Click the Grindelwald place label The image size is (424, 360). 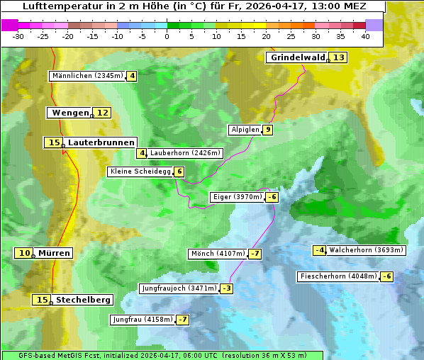click(297, 57)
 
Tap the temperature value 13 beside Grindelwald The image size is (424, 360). click(339, 57)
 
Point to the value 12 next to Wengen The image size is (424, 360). click(103, 113)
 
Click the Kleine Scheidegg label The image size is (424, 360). click(140, 171)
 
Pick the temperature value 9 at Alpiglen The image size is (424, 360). click(267, 130)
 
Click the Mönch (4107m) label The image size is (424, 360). click(218, 254)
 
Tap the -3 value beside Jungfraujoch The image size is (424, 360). click(226, 288)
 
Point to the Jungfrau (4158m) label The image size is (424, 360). click(143, 320)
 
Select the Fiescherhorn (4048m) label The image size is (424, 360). click(338, 276)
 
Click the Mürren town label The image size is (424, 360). click(54, 253)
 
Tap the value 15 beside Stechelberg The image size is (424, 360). click(43, 300)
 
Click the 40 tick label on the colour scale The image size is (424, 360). click(365, 36)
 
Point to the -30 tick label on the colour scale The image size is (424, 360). click(18, 36)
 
